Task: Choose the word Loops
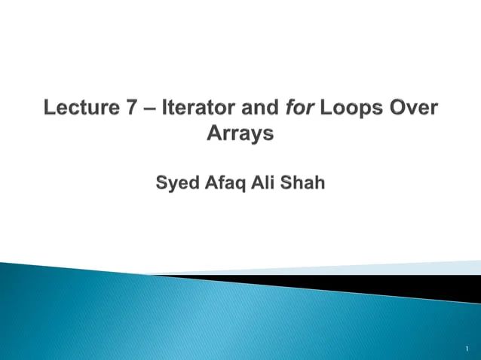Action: pyautogui.click(x=347, y=110)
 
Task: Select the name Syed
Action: pyautogui.click(x=178, y=183)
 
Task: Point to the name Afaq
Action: pyautogui.click(x=225, y=183)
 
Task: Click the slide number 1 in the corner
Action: pyautogui.click(x=467, y=349)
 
